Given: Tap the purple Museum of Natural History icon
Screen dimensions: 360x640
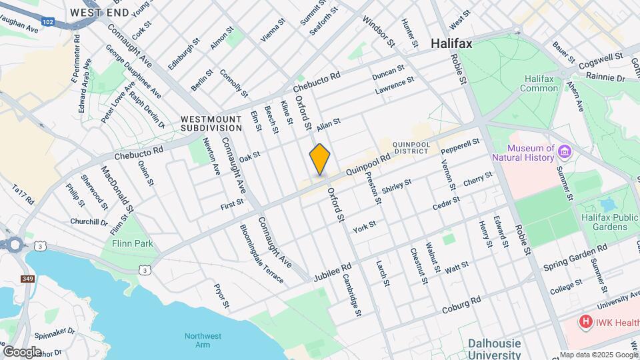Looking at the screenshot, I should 565,151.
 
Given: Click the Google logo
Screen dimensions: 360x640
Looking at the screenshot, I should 22,351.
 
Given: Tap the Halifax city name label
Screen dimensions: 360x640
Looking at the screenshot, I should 451,43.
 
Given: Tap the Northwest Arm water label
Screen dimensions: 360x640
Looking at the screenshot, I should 203,341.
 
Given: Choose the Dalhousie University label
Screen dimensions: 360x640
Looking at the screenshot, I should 493,349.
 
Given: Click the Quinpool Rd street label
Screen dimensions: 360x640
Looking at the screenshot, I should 367,165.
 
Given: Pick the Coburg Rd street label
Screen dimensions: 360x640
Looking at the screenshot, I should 461,306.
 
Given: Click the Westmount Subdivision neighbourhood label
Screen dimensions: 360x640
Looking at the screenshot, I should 211,123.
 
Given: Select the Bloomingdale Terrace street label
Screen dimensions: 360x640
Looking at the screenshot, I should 262,253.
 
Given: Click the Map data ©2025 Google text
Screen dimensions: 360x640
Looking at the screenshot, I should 599,355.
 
